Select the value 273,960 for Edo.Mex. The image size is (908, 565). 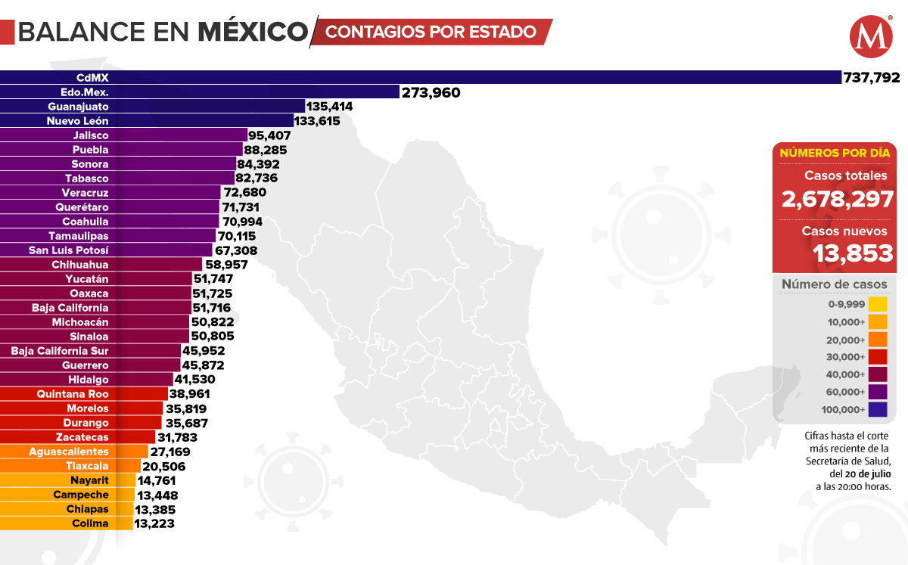pyautogui.click(x=431, y=92)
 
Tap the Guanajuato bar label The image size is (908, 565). pyautogui.click(x=78, y=107)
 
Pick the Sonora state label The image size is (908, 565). pyautogui.click(x=90, y=164)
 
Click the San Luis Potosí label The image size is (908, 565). pyautogui.click(x=69, y=250)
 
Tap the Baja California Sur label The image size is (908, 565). pyautogui.click(x=60, y=351)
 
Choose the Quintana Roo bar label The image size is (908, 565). pyautogui.click(x=73, y=394)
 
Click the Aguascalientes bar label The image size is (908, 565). pyautogui.click(x=68, y=452)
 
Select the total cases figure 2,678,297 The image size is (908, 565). pyautogui.click(x=838, y=200)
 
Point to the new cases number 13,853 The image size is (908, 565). pyautogui.click(x=854, y=253)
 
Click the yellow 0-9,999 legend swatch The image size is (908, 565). pyautogui.click(x=878, y=304)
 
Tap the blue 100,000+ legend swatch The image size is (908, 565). pyautogui.click(x=878, y=410)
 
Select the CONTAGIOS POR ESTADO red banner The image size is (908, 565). pyautogui.click(x=431, y=32)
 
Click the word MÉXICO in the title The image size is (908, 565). pyautogui.click(x=253, y=32)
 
